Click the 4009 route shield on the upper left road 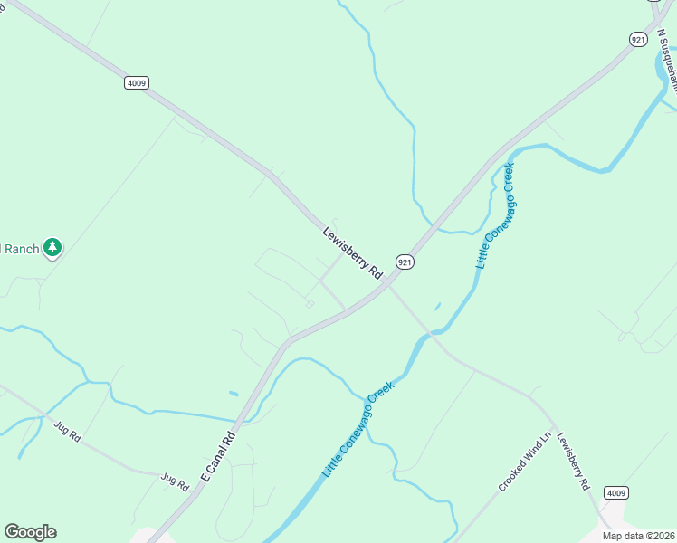[x=136, y=82]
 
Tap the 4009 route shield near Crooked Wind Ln [x=615, y=492]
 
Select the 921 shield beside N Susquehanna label [x=639, y=39]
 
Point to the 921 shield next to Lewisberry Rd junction [x=405, y=262]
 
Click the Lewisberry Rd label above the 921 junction [x=353, y=252]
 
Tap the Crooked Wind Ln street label [x=524, y=462]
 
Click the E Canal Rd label [x=218, y=455]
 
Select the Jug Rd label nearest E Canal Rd [x=174, y=481]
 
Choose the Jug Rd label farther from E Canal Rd [x=67, y=431]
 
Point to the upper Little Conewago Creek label [x=495, y=215]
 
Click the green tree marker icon [x=53, y=247]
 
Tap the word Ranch [x=20, y=248]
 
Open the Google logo [x=30, y=532]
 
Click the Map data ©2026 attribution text [x=639, y=536]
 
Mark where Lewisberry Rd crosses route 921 [x=386, y=285]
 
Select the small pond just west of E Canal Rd [x=234, y=394]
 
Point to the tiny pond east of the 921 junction [x=437, y=307]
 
